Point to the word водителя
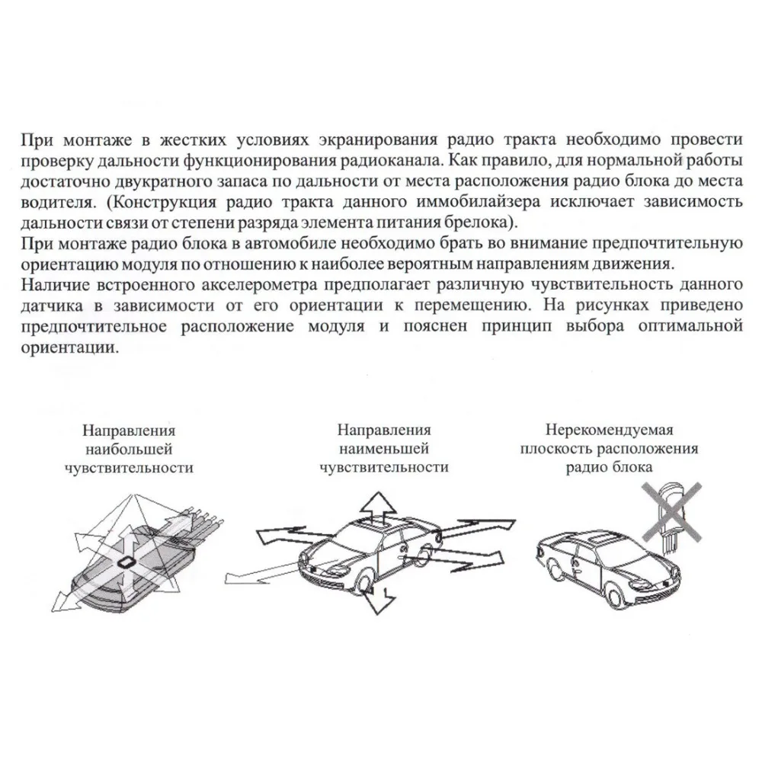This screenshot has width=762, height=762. point(50,204)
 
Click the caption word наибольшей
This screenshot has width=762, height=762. point(129,450)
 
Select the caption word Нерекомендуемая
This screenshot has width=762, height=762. point(609,431)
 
